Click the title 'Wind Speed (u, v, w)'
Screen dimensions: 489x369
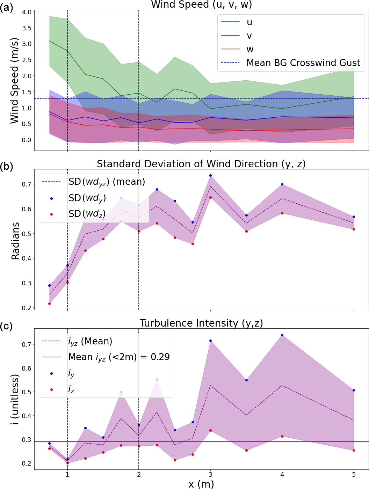coord(201,5)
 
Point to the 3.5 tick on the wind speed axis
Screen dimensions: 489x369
coord(27,28)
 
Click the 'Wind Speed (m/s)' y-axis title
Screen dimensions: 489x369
coord(14,81)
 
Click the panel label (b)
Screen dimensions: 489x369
coord(6,166)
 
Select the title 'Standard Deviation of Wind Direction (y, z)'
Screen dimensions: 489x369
coord(201,164)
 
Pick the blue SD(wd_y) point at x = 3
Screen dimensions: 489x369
coord(210,175)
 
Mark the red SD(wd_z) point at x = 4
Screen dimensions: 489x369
coord(282,213)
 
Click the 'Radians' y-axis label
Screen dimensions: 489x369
coord(15,241)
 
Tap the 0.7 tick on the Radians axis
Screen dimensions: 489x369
coord(27,184)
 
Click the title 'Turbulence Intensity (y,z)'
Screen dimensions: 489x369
coord(201,323)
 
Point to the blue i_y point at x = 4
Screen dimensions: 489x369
coord(282,335)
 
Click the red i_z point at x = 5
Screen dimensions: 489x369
coord(354,450)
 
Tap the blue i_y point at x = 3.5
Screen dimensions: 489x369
coord(246,380)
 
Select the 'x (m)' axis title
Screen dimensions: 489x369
coord(201,484)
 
